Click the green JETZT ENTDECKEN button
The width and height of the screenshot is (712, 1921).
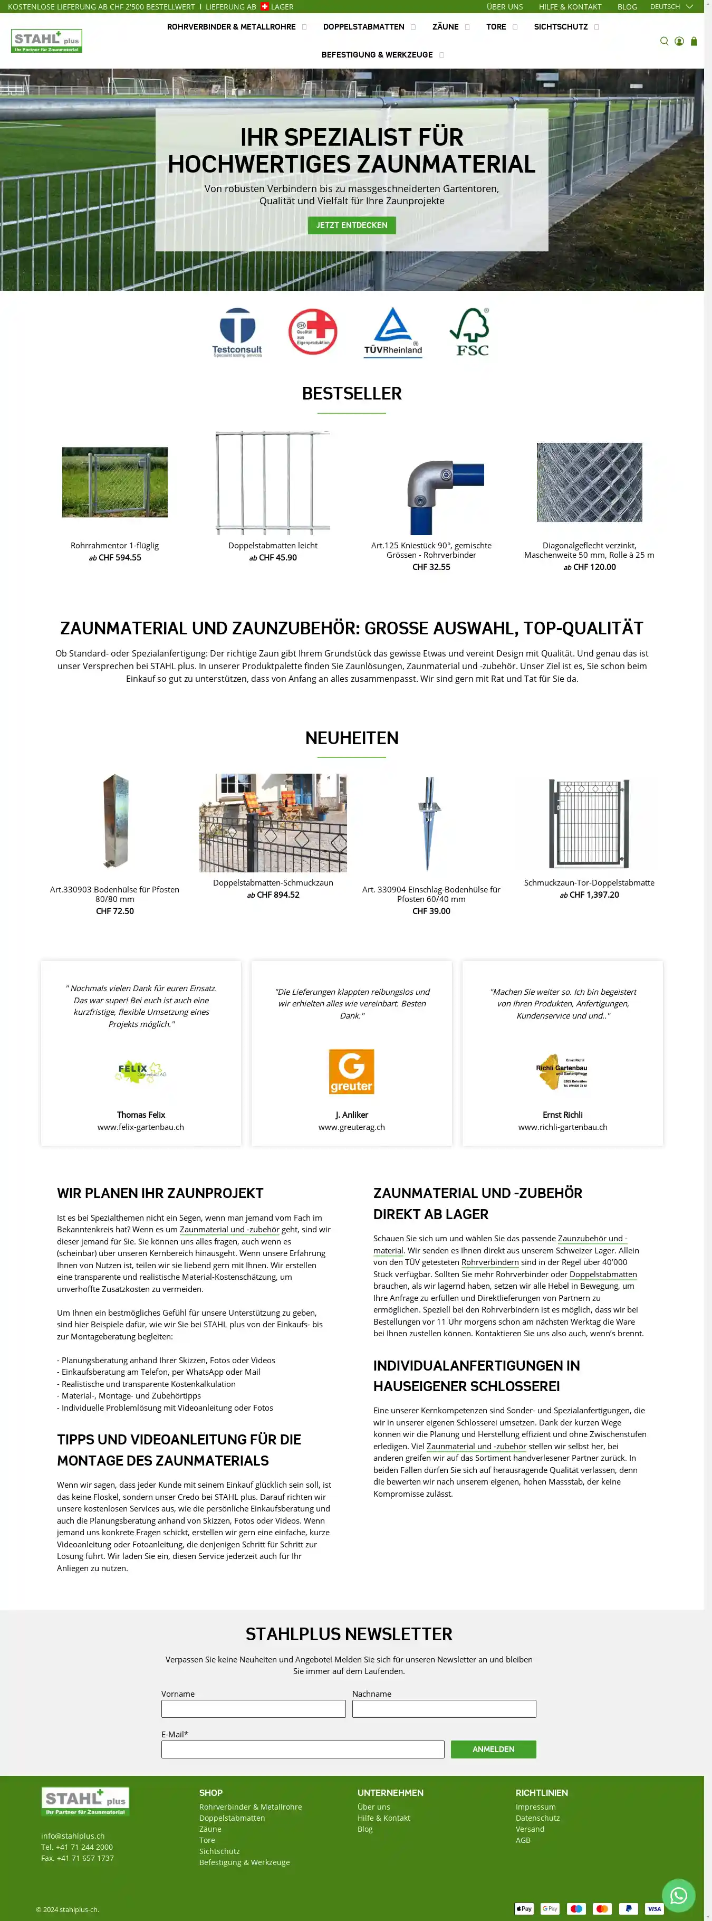click(x=351, y=225)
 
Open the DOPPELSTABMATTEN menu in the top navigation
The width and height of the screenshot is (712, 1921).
click(x=364, y=27)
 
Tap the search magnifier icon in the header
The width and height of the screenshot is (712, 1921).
click(x=663, y=42)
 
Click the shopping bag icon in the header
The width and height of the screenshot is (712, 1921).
click(x=694, y=42)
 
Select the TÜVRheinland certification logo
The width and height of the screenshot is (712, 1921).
click(x=393, y=332)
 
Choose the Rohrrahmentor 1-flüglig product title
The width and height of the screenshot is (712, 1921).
click(x=115, y=546)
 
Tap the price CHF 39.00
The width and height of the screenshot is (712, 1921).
click(x=431, y=911)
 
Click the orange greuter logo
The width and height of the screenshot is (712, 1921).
click(x=351, y=1072)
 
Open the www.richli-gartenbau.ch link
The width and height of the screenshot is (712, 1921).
click(x=562, y=1127)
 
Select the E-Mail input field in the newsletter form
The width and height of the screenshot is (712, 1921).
click(x=303, y=1749)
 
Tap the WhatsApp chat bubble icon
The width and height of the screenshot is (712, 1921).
click(x=678, y=1894)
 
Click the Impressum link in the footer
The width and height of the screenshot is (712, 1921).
click(x=535, y=1807)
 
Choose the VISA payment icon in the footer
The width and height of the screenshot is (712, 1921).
click(x=654, y=1908)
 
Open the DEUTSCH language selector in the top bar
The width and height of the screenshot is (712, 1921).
click(x=671, y=7)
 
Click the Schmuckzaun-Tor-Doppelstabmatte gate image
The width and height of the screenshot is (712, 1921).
click(x=589, y=823)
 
